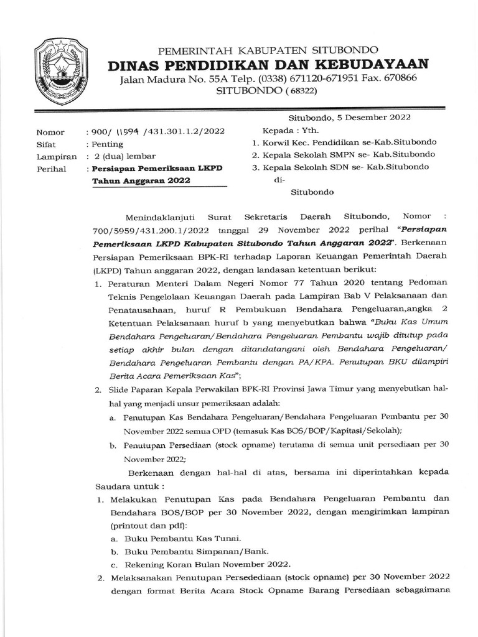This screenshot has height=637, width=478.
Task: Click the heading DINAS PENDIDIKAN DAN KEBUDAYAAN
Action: click(x=268, y=64)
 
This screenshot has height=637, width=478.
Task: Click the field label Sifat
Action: click(x=46, y=144)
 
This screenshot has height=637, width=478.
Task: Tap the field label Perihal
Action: click(x=51, y=169)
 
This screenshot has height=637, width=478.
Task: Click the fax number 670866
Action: click(x=396, y=78)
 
